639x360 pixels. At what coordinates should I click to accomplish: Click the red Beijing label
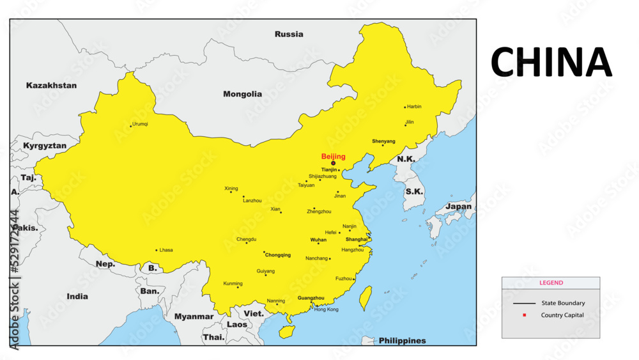tap(333, 157)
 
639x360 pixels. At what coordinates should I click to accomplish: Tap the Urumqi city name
tap(140, 124)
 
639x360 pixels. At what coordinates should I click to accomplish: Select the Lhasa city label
tap(166, 250)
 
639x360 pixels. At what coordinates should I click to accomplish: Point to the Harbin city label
tap(414, 107)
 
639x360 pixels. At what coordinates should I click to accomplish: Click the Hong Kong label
tap(327, 309)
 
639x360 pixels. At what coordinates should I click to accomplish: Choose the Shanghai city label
tap(357, 239)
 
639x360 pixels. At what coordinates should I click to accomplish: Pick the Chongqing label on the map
tap(278, 254)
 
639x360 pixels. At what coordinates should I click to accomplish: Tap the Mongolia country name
tap(242, 94)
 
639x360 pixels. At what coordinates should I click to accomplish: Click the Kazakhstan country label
tap(51, 85)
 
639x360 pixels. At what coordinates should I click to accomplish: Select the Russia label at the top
tap(289, 34)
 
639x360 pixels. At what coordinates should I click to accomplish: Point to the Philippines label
tap(402, 341)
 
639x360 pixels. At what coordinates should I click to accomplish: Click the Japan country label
tap(458, 207)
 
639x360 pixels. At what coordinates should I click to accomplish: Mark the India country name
tap(77, 297)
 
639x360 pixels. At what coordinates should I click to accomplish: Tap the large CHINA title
tap(551, 63)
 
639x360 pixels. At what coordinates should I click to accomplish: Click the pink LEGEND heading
tap(551, 283)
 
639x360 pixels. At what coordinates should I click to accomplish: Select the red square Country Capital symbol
tap(524, 315)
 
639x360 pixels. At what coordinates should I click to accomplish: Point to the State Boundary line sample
tap(524, 303)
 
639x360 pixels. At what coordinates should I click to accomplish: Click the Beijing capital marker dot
tap(333, 163)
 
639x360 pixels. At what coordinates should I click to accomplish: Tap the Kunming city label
tap(233, 283)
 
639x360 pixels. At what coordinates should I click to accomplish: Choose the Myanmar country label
tap(194, 317)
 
